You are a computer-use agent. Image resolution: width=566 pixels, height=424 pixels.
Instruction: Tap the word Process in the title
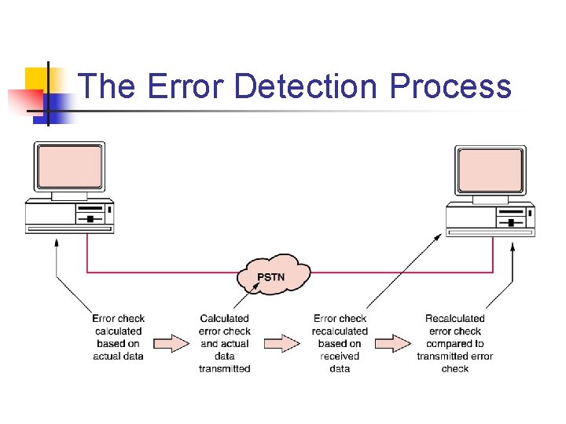(450, 86)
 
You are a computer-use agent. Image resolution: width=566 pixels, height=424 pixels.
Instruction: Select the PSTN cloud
(274, 275)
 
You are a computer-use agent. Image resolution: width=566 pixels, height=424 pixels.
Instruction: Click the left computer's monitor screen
(69, 166)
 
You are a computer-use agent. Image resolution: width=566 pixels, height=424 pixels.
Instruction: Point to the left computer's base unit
(69, 214)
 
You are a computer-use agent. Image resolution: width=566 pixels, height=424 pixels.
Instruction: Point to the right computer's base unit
(491, 217)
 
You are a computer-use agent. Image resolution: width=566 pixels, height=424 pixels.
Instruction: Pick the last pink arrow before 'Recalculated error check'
(392, 343)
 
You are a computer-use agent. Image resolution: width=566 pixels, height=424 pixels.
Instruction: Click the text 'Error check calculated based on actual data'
(118, 338)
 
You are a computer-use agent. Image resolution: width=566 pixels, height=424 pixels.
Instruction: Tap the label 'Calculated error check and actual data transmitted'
(225, 343)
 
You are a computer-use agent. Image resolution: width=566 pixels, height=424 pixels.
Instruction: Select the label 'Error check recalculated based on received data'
(340, 343)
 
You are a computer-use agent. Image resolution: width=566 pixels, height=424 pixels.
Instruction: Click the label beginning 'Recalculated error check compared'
(455, 343)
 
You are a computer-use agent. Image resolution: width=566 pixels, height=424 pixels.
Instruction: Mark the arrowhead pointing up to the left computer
(57, 243)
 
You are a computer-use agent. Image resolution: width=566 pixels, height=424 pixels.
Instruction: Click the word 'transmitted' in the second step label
(225, 369)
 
